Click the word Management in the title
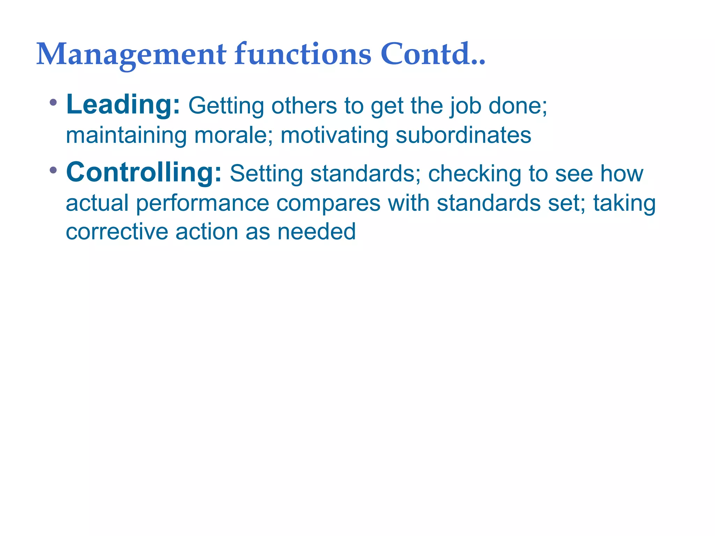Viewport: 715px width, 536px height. click(131, 54)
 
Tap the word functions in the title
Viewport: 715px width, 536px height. click(302, 54)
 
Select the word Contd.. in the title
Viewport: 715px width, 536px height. click(433, 54)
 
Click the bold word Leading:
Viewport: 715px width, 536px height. click(123, 104)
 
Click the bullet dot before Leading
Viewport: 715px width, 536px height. click(53, 103)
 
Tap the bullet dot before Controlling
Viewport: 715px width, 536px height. click(53, 170)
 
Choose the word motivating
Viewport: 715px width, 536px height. click(334, 135)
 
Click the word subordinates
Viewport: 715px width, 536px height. click(463, 135)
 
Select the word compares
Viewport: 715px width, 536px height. click(328, 203)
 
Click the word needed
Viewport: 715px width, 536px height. click(316, 232)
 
